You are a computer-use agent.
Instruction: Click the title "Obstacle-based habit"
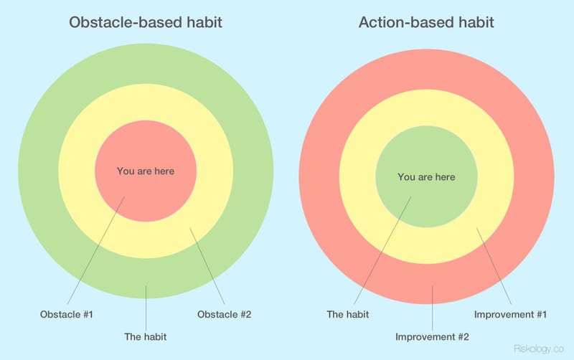coord(146,22)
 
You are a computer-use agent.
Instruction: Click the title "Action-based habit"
coord(426,22)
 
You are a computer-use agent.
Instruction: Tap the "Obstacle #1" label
coord(66,314)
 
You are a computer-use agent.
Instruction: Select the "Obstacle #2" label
coord(224,314)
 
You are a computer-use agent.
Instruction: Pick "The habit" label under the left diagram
coord(146,336)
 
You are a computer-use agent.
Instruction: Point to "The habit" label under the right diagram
coord(348,314)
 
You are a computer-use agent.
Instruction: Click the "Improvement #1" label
coord(510,314)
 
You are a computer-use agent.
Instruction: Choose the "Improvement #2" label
coord(432,336)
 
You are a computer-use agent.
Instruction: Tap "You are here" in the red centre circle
coord(146,171)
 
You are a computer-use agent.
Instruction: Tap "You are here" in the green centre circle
coord(426,177)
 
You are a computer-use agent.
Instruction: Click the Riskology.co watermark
coord(539,349)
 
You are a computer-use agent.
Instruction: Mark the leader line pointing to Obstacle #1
coord(96,250)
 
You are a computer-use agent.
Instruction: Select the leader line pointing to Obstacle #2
coord(207,266)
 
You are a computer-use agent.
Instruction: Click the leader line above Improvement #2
coord(433,308)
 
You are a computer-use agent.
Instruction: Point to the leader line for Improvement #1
coord(494,266)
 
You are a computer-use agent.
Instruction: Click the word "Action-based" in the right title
coord(400,22)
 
